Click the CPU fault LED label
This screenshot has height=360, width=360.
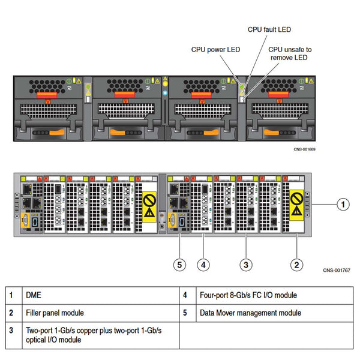click(269, 29)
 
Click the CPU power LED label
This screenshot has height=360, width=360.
click(215, 50)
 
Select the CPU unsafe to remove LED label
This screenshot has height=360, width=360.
click(290, 53)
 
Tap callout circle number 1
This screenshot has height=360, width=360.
click(341, 205)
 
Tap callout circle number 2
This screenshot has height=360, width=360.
click(296, 263)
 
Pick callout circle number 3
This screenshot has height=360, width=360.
click(245, 263)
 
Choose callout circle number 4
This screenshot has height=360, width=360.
click(203, 263)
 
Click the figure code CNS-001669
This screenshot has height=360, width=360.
click(304, 150)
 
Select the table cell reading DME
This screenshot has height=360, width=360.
click(34, 295)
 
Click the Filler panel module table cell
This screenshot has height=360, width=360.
click(55, 313)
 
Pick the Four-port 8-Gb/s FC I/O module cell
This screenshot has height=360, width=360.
click(248, 295)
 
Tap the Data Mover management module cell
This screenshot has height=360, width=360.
click(250, 313)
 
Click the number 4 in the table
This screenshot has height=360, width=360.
click(186, 295)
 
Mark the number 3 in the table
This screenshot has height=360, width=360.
click(12, 331)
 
